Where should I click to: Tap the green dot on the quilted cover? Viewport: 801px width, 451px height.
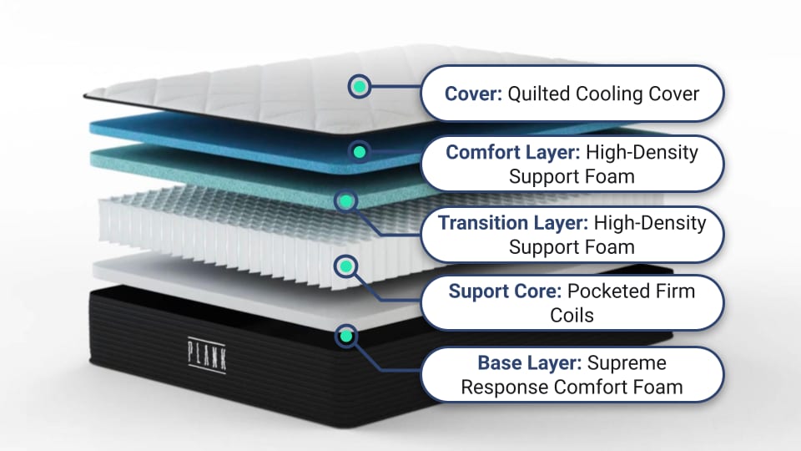[x=359, y=86]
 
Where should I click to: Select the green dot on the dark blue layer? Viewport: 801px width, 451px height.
[x=359, y=152]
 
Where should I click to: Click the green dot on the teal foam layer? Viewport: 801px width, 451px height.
[x=345, y=200]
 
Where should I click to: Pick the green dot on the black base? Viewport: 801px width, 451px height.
[x=345, y=336]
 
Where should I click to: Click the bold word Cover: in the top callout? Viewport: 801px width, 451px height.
[x=472, y=94]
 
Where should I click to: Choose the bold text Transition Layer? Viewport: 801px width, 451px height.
[x=511, y=223]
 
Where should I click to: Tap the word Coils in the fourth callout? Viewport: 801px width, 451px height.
[x=572, y=316]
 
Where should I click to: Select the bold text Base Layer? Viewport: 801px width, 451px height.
[x=529, y=363]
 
